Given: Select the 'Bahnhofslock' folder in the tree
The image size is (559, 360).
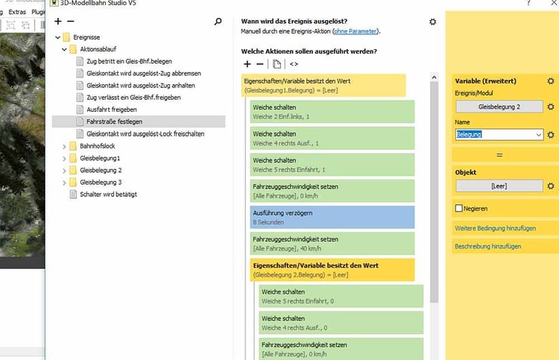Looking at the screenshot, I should pyautogui.click(x=97, y=146).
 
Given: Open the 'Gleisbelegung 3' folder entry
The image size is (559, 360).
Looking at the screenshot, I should pyautogui.click(x=100, y=182).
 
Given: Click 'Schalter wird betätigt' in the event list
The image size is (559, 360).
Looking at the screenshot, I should pyautogui.click(x=107, y=195).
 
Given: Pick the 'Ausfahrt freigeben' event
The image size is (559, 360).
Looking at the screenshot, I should pyautogui.click(x=107, y=109).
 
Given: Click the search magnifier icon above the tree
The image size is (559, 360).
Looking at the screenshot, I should pyautogui.click(x=218, y=22).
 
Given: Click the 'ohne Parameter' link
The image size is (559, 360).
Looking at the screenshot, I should pyautogui.click(x=356, y=31).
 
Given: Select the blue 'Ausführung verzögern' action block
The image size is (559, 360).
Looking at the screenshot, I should pyautogui.click(x=332, y=217).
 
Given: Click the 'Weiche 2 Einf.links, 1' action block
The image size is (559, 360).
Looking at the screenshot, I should pyautogui.click(x=332, y=112).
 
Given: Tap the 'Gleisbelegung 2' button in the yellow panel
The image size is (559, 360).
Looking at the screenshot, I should pyautogui.click(x=499, y=107).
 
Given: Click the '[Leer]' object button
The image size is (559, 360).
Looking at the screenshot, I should pyautogui.click(x=499, y=186).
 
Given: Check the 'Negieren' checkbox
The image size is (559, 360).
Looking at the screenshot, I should pyautogui.click(x=458, y=209).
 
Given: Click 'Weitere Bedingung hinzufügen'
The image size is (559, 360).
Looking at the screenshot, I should pyautogui.click(x=495, y=227).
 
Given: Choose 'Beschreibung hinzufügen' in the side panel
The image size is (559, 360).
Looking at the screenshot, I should pyautogui.click(x=487, y=246).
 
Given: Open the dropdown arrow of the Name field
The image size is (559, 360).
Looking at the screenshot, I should pyautogui.click(x=538, y=135).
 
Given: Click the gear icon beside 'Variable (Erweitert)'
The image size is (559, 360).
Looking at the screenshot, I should pyautogui.click(x=550, y=81).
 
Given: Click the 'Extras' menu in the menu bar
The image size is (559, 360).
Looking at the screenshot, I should pyautogui.click(x=17, y=13).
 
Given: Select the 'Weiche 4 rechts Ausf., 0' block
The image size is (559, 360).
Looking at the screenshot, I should pyautogui.click(x=341, y=323).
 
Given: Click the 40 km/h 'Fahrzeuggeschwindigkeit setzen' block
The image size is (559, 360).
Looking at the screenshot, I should pyautogui.click(x=332, y=243).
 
